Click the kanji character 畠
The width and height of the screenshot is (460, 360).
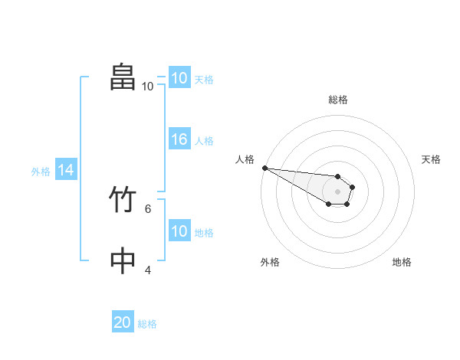point(123,77)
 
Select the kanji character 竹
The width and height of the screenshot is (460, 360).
point(123,201)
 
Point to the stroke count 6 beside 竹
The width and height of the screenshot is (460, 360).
point(148,208)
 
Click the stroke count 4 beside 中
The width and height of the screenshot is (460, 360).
point(148,270)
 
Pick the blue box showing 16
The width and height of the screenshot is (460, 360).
point(179,140)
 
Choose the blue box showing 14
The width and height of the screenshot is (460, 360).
point(65,171)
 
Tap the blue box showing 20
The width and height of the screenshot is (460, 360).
point(123,322)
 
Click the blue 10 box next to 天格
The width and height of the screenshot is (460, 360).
point(179,78)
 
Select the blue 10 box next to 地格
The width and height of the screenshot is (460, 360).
point(179,232)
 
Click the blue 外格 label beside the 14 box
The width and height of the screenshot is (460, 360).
point(41,172)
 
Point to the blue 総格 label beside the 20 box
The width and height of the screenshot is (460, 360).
point(147,324)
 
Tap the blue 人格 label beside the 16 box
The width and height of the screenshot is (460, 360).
point(204,141)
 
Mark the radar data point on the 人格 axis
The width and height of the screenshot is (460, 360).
point(264,168)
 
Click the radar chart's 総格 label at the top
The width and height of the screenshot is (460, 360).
point(338,100)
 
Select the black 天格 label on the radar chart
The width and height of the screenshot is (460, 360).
point(432,159)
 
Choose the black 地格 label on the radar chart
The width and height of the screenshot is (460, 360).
point(402,262)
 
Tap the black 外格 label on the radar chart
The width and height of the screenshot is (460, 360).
point(270,262)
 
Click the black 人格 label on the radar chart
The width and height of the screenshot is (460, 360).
point(244,159)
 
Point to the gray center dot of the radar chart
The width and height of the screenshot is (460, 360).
point(337,191)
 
